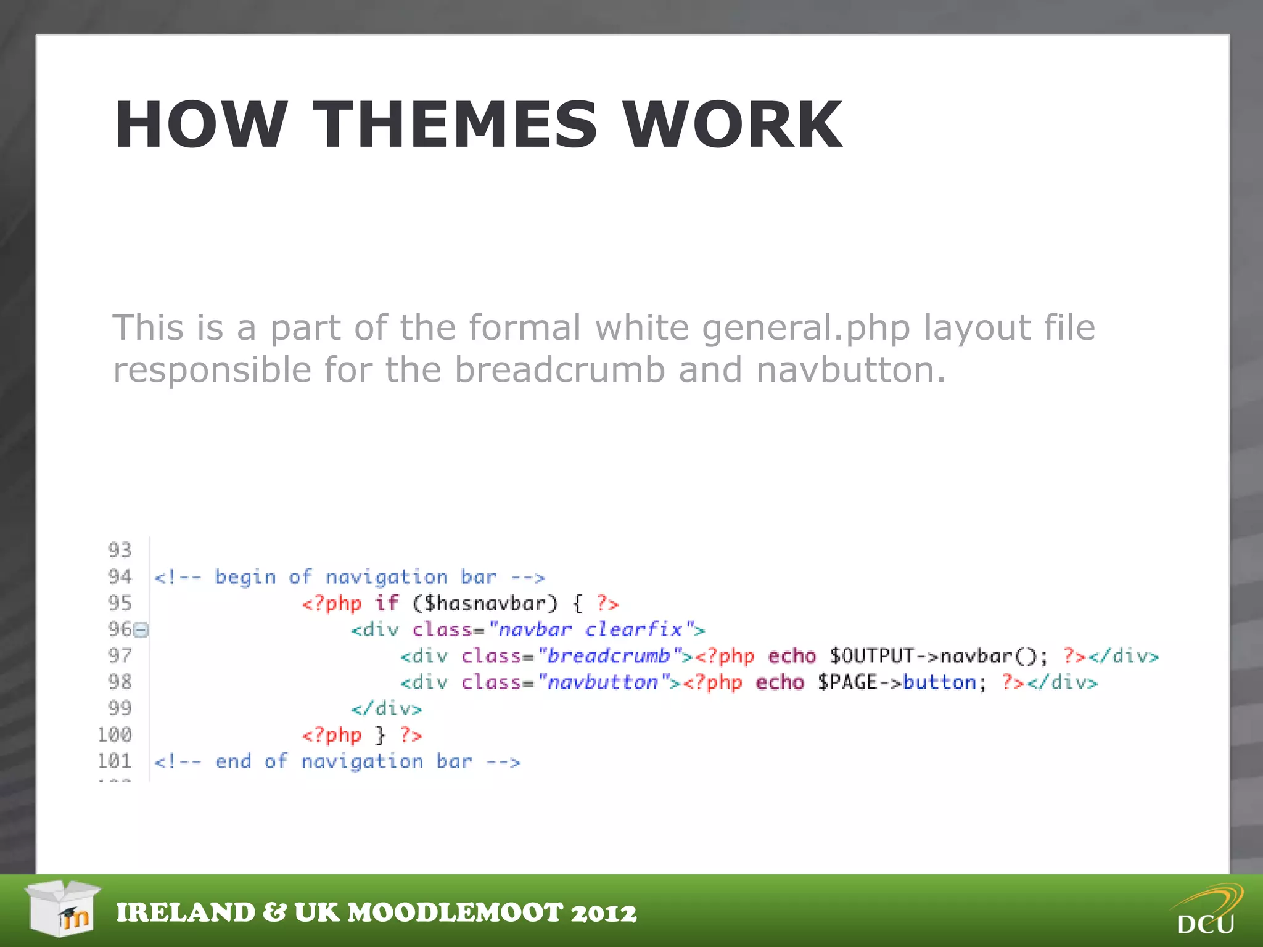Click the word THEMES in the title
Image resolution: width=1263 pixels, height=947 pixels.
pos(455,125)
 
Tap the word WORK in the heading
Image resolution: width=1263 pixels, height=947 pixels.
pos(732,125)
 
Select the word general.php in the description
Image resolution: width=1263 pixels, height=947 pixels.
pos(805,327)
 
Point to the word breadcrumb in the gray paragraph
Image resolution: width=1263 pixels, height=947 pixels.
pos(559,370)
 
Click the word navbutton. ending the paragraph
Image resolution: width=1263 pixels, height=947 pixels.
pos(850,370)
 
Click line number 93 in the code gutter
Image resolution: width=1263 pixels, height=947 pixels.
pos(120,549)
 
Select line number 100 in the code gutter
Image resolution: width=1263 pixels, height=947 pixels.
pos(115,734)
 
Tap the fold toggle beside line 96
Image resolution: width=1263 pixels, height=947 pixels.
pos(141,630)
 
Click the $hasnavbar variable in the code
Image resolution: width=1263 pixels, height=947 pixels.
pos(485,603)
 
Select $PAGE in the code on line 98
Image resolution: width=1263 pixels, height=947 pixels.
pos(847,683)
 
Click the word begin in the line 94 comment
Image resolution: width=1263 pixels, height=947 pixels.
pos(245,578)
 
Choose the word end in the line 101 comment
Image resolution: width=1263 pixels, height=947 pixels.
pos(233,761)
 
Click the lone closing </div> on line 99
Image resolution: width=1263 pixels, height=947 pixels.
pos(387,708)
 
